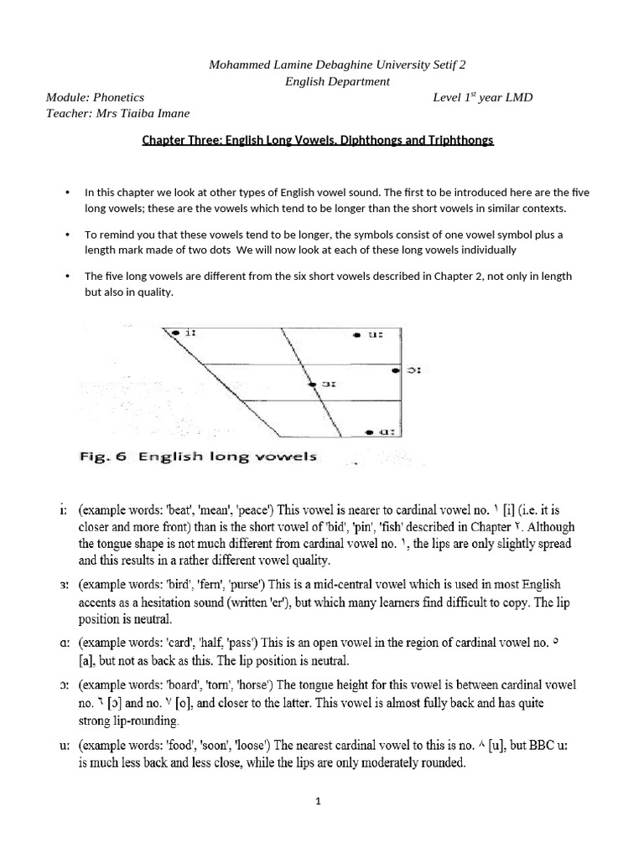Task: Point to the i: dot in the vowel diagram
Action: click(x=176, y=333)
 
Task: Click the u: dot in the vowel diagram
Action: click(x=356, y=334)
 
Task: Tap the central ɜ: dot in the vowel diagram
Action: click(x=313, y=384)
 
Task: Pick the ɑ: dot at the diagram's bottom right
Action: click(x=371, y=432)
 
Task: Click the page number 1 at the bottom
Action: click(x=319, y=801)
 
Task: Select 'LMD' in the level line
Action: click(x=516, y=97)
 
